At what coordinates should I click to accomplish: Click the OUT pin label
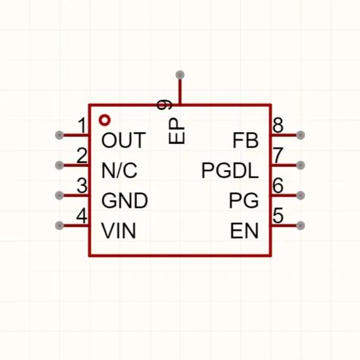click(x=124, y=140)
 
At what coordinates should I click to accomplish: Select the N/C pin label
click(x=119, y=170)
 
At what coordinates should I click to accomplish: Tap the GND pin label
click(x=124, y=200)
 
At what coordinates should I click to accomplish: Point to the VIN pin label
click(x=118, y=230)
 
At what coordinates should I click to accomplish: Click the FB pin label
click(x=245, y=140)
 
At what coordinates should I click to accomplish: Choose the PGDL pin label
click(x=230, y=170)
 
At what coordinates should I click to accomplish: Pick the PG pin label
click(x=244, y=200)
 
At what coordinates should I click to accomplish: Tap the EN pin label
click(x=244, y=230)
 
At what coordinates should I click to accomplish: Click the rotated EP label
click(x=176, y=131)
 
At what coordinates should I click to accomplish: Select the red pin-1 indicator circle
click(x=105, y=120)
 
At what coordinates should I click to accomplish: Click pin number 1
click(x=82, y=126)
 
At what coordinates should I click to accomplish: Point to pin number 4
click(x=82, y=215)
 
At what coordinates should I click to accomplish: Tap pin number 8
click(x=278, y=126)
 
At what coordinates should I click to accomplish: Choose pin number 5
click(x=278, y=215)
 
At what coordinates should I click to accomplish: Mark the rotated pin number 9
click(x=164, y=105)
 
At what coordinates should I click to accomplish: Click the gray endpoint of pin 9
click(x=180, y=75)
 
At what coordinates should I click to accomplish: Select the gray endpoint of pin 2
click(x=60, y=165)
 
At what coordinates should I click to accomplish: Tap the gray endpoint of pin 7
click(x=300, y=165)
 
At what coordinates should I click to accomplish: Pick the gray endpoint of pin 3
click(x=60, y=196)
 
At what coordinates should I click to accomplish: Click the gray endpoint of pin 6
click(x=300, y=196)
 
